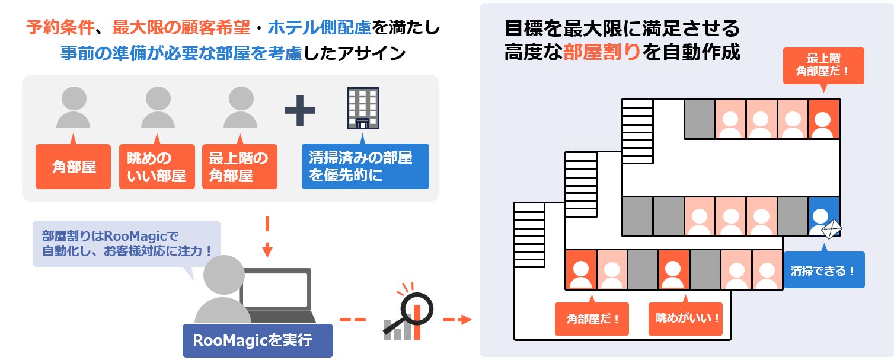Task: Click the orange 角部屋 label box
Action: click(73, 167)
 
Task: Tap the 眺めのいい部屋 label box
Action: click(157, 167)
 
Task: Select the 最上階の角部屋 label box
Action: click(240, 167)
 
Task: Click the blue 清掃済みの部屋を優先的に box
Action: click(365, 167)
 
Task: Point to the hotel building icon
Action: click(362, 108)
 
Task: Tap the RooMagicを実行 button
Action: click(257, 340)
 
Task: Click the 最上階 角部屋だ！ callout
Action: click(823, 65)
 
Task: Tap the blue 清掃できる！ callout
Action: click(823, 270)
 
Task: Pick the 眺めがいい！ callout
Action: click(688, 318)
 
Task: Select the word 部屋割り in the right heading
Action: click(601, 52)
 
